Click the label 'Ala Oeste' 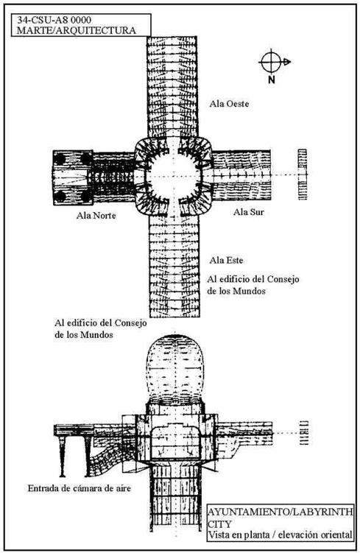[229, 104]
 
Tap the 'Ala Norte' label [96, 215]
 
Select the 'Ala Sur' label [249, 211]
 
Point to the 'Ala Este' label [226, 260]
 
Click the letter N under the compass [271, 80]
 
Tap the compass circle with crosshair [270, 62]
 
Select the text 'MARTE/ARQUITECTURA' [76, 30]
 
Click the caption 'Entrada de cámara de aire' [80, 488]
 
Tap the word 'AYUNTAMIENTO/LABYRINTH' [280, 512]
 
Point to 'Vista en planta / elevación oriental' [280, 535]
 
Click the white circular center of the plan [174, 175]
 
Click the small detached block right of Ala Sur [302, 175]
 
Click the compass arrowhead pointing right [287, 62]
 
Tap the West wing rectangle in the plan [172, 86]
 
